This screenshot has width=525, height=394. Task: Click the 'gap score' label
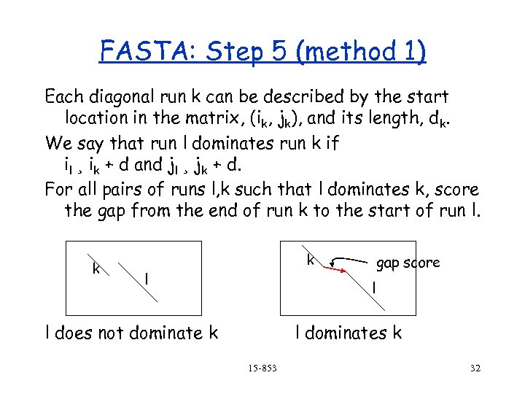(408, 262)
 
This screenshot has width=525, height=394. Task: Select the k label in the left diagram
(96, 268)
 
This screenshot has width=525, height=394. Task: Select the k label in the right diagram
(311, 259)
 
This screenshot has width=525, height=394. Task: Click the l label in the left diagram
(147, 279)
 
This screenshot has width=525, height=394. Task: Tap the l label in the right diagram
(373, 289)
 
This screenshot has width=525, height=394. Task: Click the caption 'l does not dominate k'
(132, 333)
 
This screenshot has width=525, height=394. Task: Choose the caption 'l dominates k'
(348, 333)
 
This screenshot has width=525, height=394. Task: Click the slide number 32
(475, 368)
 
